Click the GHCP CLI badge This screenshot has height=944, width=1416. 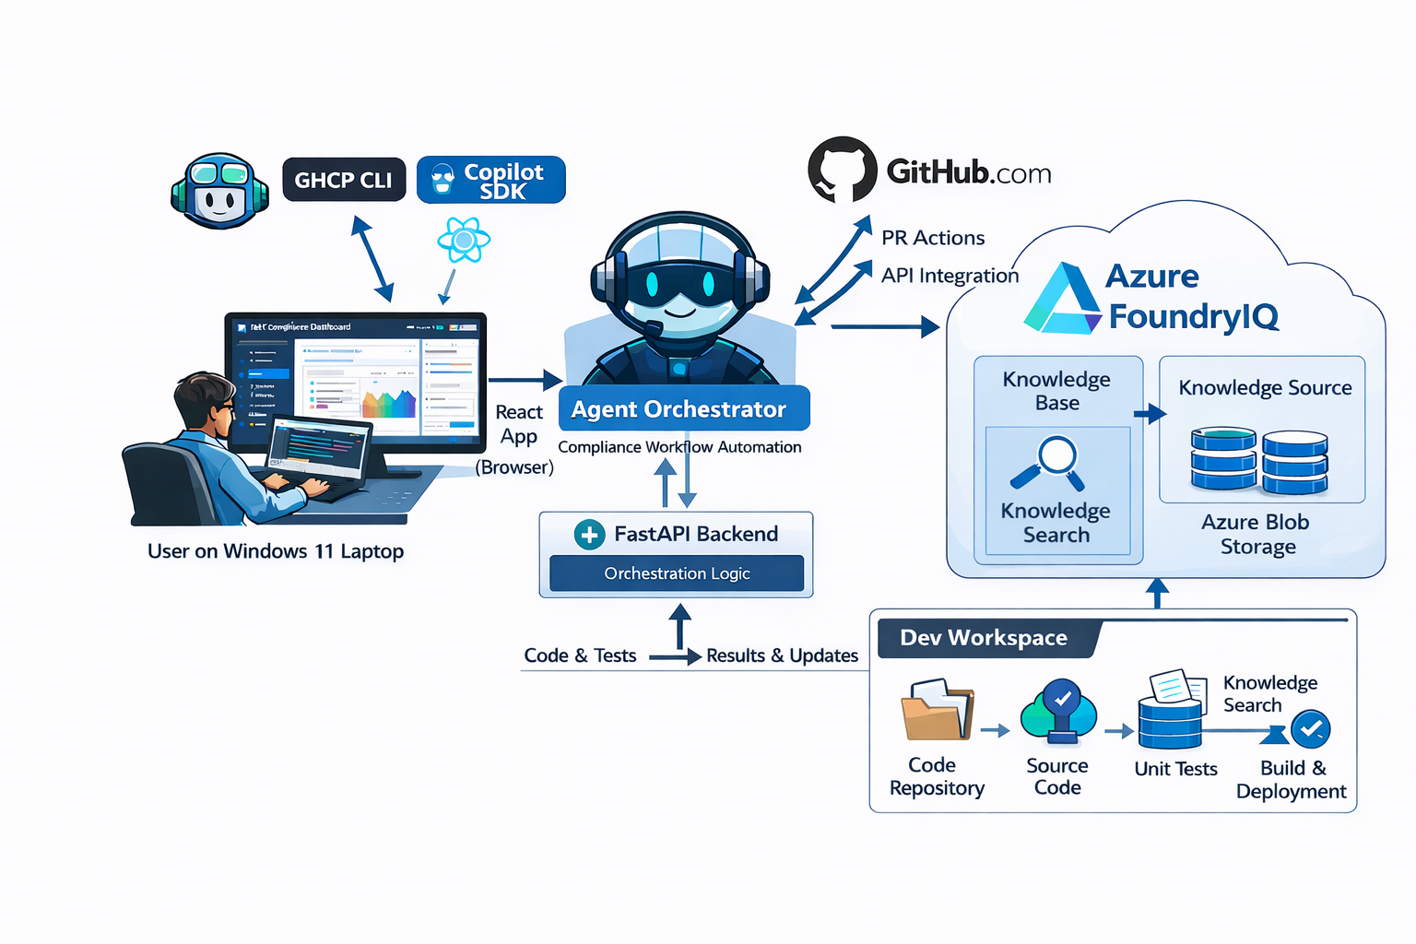pos(343,180)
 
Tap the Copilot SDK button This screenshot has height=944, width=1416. pos(490,180)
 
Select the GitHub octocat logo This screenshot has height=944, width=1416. pos(842,170)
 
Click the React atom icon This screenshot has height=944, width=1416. pos(464,241)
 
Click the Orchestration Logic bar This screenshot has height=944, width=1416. pos(677,573)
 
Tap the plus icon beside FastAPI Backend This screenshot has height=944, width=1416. pos(589,535)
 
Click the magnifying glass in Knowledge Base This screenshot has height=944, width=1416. pos(1052,463)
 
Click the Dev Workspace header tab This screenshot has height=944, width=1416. pos(985,638)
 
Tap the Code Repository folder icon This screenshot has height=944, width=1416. pos(937,711)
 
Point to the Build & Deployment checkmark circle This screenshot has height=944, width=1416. pos(1310,729)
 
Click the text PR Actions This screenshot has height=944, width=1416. pos(932,238)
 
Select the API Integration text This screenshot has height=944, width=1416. pos(950,276)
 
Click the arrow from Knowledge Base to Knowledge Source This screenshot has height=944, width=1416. pos(1150,414)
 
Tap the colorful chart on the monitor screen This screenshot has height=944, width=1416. pos(389,404)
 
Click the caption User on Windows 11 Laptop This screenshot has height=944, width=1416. pos(276,551)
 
